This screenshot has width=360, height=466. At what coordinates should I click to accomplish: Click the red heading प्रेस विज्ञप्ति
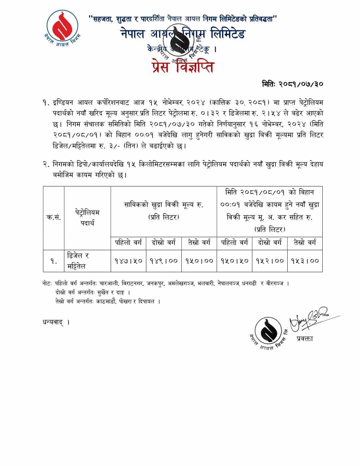tap(183, 67)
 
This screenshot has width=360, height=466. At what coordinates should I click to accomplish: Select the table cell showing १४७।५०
tap(128, 261)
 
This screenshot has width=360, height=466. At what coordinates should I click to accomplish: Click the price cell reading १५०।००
tap(199, 261)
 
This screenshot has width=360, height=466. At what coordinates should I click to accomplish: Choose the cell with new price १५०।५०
tap(234, 261)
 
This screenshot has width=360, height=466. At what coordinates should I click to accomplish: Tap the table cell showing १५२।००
tap(270, 261)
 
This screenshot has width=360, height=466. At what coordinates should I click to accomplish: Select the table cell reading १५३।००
tap(305, 261)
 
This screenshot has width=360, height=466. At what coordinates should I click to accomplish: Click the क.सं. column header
tap(53, 217)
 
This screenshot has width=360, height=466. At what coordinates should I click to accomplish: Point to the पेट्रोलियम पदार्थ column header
tap(87, 217)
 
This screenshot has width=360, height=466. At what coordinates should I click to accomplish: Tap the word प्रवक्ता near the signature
tap(305, 339)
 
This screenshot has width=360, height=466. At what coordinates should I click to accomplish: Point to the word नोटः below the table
tap(47, 284)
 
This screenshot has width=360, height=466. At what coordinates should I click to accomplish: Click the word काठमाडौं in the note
tap(106, 302)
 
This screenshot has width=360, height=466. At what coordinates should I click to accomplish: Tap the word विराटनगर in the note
tap(132, 284)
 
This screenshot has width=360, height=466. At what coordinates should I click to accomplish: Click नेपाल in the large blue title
tap(133, 34)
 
